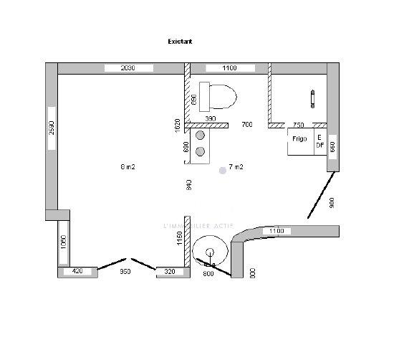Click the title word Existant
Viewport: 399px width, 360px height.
(x=180, y=42)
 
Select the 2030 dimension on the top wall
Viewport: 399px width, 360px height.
(x=128, y=68)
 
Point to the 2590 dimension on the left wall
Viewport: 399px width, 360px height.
(x=52, y=128)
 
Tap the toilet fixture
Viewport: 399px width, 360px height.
(x=218, y=94)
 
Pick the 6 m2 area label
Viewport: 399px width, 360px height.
(x=128, y=167)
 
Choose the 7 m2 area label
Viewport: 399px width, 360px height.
(x=236, y=167)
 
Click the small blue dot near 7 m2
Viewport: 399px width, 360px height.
(x=223, y=170)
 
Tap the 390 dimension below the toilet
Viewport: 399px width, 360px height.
(x=211, y=118)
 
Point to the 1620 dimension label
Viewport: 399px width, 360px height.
(x=178, y=124)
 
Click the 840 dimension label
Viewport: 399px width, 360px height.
(x=188, y=184)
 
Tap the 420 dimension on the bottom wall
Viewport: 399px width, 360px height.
(x=77, y=273)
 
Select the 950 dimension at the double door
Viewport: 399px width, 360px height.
(x=125, y=273)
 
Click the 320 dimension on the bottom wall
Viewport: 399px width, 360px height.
(x=170, y=273)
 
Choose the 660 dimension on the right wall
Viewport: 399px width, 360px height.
(x=332, y=150)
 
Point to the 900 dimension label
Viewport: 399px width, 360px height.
(x=332, y=203)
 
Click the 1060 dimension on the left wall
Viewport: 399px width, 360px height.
(x=63, y=241)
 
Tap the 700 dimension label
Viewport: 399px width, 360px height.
(x=247, y=125)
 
